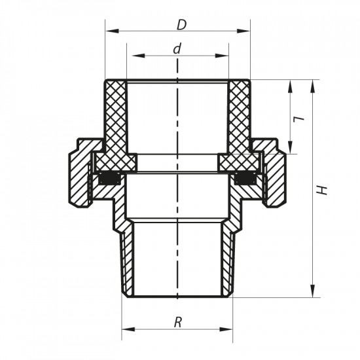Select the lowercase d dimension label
(x=177, y=50)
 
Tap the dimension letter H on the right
(x=321, y=189)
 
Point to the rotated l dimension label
(x=298, y=118)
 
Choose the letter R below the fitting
(x=177, y=321)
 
